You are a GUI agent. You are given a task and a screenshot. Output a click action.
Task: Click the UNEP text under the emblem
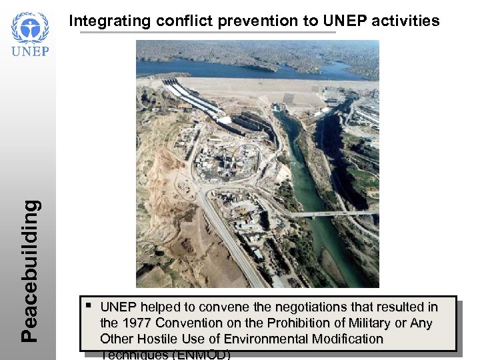30,51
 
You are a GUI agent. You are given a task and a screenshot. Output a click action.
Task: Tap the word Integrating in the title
110,21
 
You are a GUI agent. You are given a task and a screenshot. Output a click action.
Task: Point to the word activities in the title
405,21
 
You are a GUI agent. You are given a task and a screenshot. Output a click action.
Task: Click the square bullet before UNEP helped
89,306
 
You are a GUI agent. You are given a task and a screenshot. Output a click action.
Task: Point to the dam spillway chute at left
193,100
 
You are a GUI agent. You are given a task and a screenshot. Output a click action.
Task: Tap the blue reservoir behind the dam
253,67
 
